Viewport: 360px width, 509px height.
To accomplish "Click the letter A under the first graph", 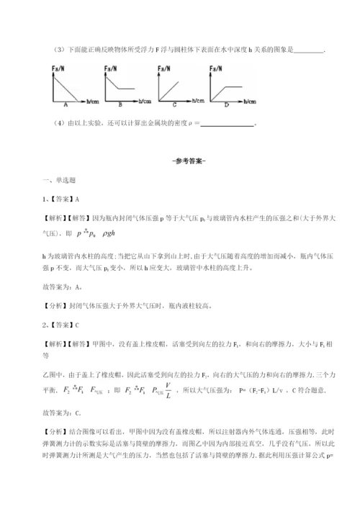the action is pos(66,103).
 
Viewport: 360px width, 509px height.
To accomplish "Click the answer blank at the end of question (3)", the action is pos(310,50).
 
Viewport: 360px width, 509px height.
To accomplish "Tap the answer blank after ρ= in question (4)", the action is pos(224,124).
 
